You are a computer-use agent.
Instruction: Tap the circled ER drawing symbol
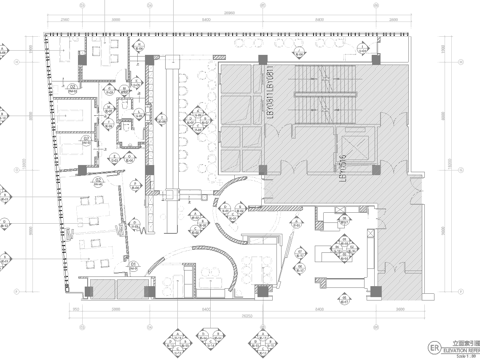(x=434, y=346)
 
